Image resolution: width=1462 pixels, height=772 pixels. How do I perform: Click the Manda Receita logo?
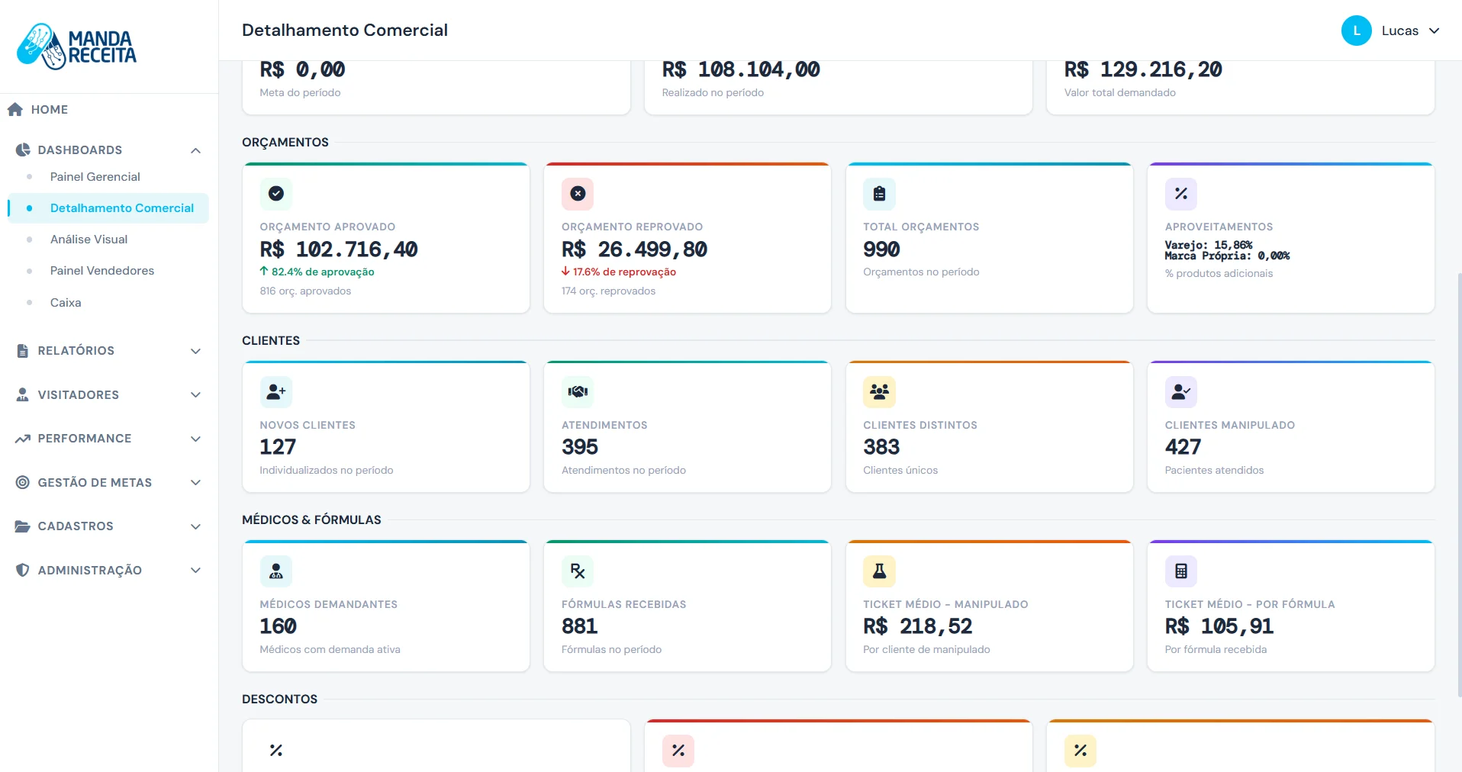point(76,47)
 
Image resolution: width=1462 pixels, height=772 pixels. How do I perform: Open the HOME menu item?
point(50,110)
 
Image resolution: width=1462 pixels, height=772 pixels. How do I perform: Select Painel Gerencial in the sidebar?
point(95,177)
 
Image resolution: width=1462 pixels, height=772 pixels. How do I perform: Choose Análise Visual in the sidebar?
point(89,240)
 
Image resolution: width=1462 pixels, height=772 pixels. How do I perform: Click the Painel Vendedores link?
point(102,271)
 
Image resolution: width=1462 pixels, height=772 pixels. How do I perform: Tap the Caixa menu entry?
point(66,303)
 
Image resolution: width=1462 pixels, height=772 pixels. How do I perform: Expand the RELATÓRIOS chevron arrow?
point(196,351)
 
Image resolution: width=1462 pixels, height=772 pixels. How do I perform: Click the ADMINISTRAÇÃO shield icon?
point(23,570)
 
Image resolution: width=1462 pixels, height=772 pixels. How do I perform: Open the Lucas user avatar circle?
point(1357,31)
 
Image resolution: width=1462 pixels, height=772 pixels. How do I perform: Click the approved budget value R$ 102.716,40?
point(339,249)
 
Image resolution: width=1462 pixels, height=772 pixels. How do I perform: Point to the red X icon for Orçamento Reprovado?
point(578,194)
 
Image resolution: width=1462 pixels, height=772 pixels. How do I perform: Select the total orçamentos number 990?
point(881,249)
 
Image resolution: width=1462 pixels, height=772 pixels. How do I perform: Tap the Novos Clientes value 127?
point(278,447)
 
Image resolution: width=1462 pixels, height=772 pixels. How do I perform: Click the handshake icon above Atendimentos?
point(578,392)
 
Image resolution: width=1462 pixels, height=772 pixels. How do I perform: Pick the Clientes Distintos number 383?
point(881,447)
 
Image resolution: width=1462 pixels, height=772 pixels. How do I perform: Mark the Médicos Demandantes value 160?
point(278,626)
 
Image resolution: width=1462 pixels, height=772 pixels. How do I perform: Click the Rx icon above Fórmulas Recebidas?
point(578,571)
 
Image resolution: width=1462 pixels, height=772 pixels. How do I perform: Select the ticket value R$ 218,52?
point(918,626)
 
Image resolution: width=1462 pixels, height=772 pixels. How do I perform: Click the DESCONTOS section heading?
point(279,700)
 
